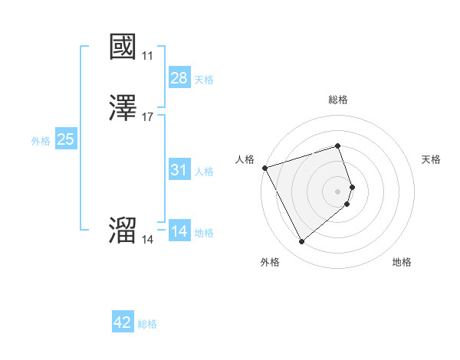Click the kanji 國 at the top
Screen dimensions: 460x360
pyautogui.click(x=123, y=47)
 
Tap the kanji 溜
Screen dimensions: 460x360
pyautogui.click(x=123, y=231)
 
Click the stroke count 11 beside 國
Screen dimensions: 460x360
pyautogui.click(x=147, y=56)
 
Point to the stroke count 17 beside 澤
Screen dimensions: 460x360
pyautogui.click(x=147, y=117)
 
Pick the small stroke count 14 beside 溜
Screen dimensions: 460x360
pyautogui.click(x=147, y=240)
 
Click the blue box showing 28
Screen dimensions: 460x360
pyautogui.click(x=179, y=77)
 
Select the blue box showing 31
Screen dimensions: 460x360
pyautogui.click(x=179, y=169)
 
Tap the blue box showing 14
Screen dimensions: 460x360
pyautogui.click(x=179, y=231)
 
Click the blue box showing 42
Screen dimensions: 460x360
pyautogui.click(x=123, y=322)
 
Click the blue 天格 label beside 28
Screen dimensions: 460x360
pyautogui.click(x=204, y=80)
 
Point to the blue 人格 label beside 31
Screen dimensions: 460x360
pyautogui.click(x=204, y=172)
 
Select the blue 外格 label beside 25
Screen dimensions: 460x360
pyautogui.click(x=41, y=141)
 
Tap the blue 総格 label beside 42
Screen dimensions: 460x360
pyautogui.click(x=147, y=325)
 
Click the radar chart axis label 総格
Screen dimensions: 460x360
pyautogui.click(x=338, y=100)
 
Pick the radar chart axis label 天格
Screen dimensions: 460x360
pyautogui.click(x=432, y=159)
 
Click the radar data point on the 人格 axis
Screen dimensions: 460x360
pyautogui.click(x=264, y=168)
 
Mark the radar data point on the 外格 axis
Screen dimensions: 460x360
pyautogui.click(x=301, y=242)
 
